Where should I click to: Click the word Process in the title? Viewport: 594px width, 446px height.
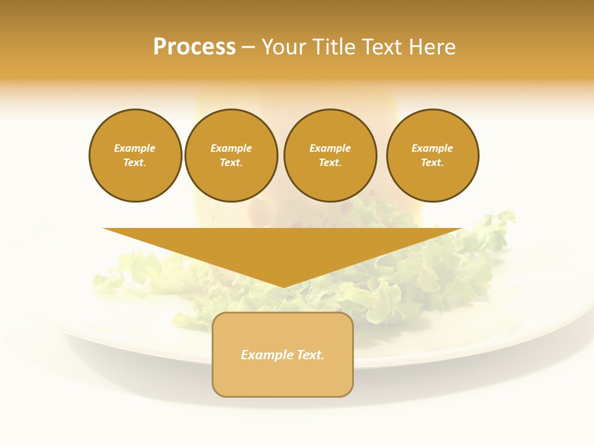pyautogui.click(x=194, y=47)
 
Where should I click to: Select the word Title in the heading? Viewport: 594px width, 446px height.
pyautogui.click(x=333, y=47)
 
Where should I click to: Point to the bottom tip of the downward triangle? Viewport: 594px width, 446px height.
pyautogui.click(x=283, y=286)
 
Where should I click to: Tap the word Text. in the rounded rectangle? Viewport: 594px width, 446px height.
pyautogui.click(x=309, y=355)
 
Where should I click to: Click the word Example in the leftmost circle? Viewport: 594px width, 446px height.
pyautogui.click(x=135, y=148)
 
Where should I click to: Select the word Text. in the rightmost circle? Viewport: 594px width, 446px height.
pyautogui.click(x=433, y=162)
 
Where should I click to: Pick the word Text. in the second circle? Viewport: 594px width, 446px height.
pyautogui.click(x=231, y=162)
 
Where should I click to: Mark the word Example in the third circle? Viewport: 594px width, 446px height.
pyautogui.click(x=330, y=148)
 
